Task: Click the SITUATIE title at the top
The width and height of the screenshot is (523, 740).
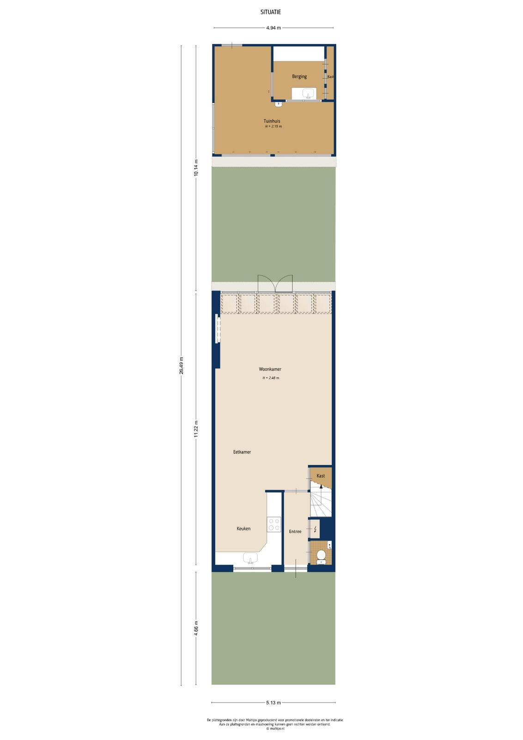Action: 271,12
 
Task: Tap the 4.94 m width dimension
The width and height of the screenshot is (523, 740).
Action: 274,28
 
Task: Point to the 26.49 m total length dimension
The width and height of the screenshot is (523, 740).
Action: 181,365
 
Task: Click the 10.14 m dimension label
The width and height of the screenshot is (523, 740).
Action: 196,168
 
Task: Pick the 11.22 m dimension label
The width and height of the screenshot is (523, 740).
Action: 196,429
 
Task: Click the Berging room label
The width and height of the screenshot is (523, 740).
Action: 299,77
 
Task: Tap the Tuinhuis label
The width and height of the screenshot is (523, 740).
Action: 272,121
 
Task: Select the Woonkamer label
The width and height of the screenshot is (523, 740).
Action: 270,369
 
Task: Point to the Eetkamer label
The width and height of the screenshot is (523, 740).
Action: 242,452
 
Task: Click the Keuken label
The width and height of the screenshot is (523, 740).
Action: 243,529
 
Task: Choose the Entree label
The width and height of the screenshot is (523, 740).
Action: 295,531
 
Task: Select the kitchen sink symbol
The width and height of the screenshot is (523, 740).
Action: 250,558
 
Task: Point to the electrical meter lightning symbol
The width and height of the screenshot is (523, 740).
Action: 315,530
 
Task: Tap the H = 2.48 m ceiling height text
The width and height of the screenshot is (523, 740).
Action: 271,378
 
